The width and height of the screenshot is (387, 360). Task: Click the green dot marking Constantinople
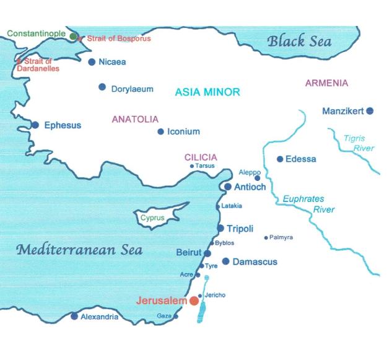pyautogui.click(x=74, y=37)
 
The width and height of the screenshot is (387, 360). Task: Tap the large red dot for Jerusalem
pyautogui.click(x=194, y=301)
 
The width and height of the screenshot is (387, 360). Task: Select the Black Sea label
pyautogui.click(x=299, y=42)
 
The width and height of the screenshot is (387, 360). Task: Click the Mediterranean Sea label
pyautogui.click(x=79, y=250)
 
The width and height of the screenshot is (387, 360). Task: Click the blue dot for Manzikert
pyautogui.click(x=370, y=111)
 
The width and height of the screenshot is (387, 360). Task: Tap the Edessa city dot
pyautogui.click(x=280, y=159)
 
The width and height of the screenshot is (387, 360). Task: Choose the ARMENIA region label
pyautogui.click(x=327, y=83)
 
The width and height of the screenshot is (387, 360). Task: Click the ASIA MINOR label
pyautogui.click(x=207, y=92)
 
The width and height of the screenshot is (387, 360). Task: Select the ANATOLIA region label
pyautogui.click(x=135, y=119)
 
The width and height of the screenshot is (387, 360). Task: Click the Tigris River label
pyautogui.click(x=359, y=143)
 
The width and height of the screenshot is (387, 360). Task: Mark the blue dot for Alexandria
pyautogui.click(x=74, y=317)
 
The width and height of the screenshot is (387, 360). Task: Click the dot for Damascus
pyautogui.click(x=226, y=261)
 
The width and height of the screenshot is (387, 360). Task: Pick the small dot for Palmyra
pyautogui.click(x=266, y=237)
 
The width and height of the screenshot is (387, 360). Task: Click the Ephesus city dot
pyautogui.click(x=35, y=125)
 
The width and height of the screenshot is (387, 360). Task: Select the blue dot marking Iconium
pyautogui.click(x=160, y=131)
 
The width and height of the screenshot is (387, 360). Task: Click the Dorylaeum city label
pyautogui.click(x=132, y=89)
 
